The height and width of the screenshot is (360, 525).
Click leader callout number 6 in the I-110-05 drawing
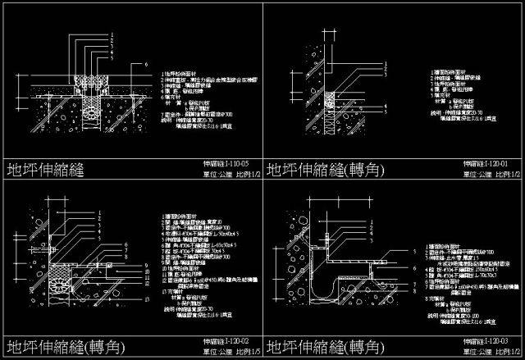tap(145, 63)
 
